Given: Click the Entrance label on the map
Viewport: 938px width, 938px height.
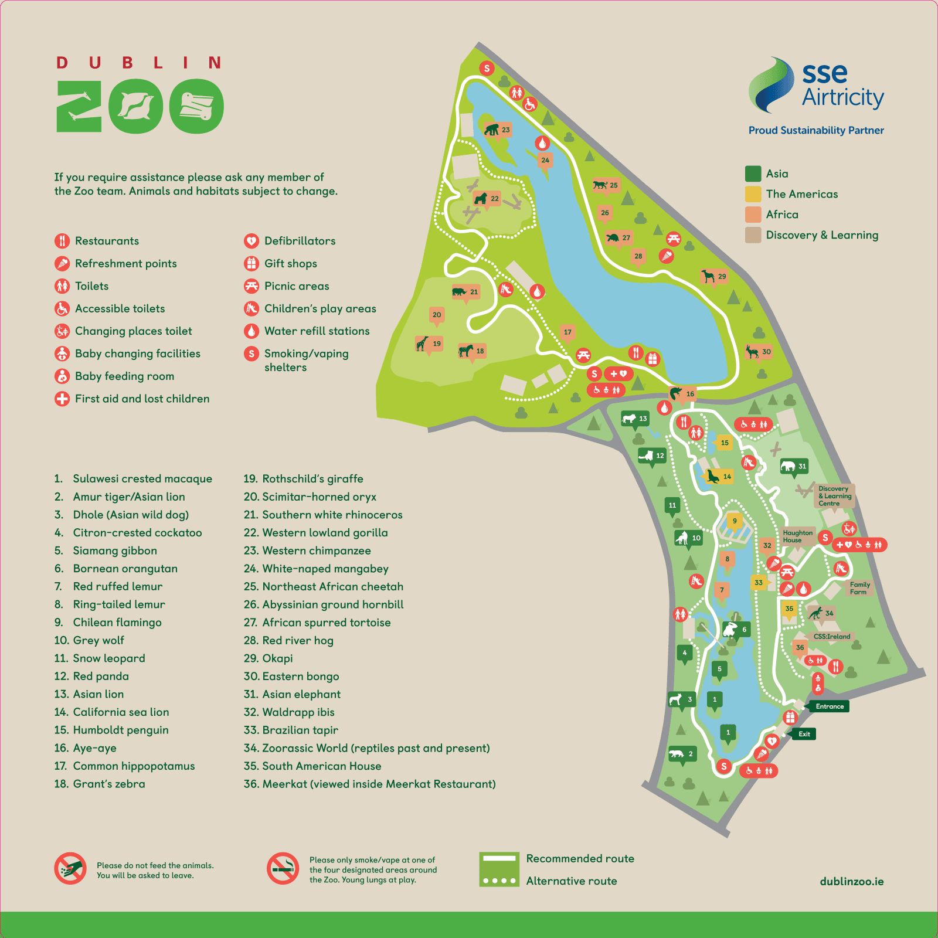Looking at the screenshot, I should (829, 706).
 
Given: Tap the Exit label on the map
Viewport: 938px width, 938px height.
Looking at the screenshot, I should (804, 734).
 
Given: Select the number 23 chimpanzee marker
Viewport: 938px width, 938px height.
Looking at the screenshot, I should (498, 130).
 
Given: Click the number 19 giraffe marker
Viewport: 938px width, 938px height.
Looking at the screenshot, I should (429, 344).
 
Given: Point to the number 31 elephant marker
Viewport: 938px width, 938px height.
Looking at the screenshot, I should (794, 467).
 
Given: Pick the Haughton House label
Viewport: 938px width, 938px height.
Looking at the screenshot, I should (797, 536).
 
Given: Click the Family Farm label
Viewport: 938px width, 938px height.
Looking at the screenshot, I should (859, 588).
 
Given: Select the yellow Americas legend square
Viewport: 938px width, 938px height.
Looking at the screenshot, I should (753, 194).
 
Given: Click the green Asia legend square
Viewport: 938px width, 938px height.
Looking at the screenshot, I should (753, 174).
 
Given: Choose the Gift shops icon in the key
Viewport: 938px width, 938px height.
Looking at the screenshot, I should (252, 263).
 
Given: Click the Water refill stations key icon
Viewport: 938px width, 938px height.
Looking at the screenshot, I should (252, 331).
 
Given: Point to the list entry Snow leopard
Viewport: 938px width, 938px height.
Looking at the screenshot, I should (108, 658).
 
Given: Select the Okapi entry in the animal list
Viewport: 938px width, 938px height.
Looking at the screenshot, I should (277, 658).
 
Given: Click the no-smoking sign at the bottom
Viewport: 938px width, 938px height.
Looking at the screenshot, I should (283, 868).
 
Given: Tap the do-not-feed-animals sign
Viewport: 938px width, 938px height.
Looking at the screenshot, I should (70, 868).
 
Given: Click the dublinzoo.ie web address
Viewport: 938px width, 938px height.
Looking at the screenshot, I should (851, 882).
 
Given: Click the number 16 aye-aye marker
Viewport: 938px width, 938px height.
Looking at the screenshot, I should (682, 394).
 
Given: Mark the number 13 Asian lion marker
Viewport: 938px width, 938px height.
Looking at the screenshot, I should (635, 419).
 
